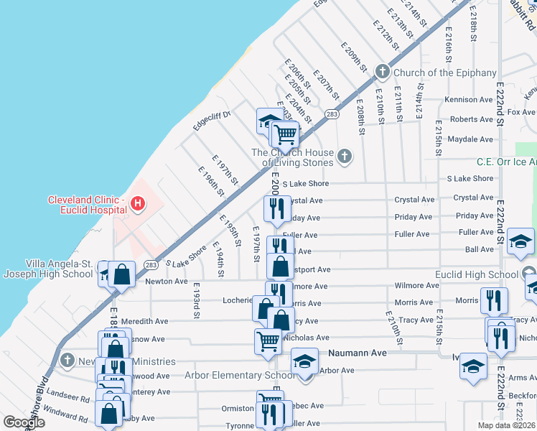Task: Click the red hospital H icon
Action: pyautogui.click(x=138, y=205)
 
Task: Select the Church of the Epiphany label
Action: pyautogui.click(x=445, y=73)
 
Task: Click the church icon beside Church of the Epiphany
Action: pyautogui.click(x=383, y=71)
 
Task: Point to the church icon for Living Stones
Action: pyautogui.click(x=345, y=156)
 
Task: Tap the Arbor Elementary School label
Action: pyautogui.click(x=235, y=375)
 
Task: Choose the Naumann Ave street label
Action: pyautogui.click(x=358, y=353)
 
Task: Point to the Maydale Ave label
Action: pyautogui.click(x=470, y=139)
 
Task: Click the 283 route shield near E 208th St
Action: pyautogui.click(x=332, y=114)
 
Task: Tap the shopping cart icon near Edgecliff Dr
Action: pyautogui.click(x=285, y=133)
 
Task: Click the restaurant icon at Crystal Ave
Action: pyautogui.click(x=277, y=208)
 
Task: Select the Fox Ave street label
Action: pyautogui.click(x=521, y=112)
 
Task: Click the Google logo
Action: pyautogui.click(x=24, y=422)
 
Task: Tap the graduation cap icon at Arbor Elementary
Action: pyautogui.click(x=304, y=361)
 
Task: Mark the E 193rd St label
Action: pyautogui.click(x=195, y=300)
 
